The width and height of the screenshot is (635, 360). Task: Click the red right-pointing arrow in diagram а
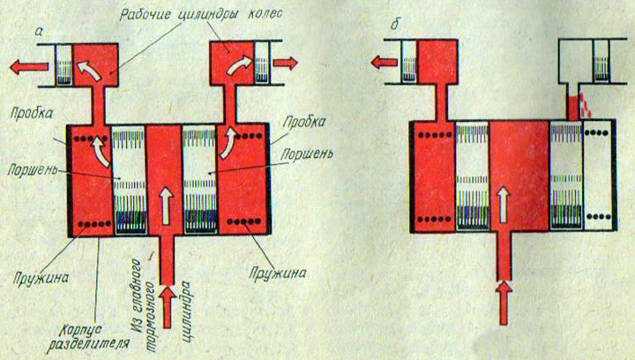click(x=287, y=63)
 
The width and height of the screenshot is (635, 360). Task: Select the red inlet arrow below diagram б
click(x=504, y=297)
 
